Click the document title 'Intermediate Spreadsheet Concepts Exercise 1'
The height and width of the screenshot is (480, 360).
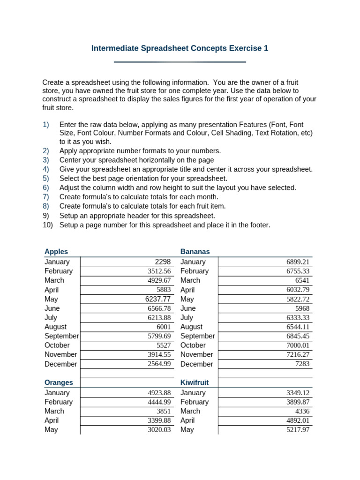click(x=180, y=48)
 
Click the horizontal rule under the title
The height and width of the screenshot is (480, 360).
click(x=180, y=62)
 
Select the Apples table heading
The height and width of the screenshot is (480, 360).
click(x=56, y=252)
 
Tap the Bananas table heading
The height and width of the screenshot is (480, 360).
click(x=195, y=252)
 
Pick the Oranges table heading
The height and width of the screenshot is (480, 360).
click(x=59, y=382)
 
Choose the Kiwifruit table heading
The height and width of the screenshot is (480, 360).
click(x=195, y=382)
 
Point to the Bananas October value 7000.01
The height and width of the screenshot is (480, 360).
click(x=298, y=345)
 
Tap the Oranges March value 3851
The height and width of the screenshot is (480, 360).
click(x=164, y=411)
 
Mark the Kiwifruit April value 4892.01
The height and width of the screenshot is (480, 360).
click(x=298, y=420)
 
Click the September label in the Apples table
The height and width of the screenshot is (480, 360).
click(x=61, y=336)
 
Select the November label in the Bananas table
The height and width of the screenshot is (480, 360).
click(x=196, y=355)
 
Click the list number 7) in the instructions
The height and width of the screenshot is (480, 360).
click(x=45, y=197)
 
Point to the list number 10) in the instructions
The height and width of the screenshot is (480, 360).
click(x=47, y=225)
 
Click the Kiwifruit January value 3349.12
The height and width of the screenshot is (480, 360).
click(x=298, y=393)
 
